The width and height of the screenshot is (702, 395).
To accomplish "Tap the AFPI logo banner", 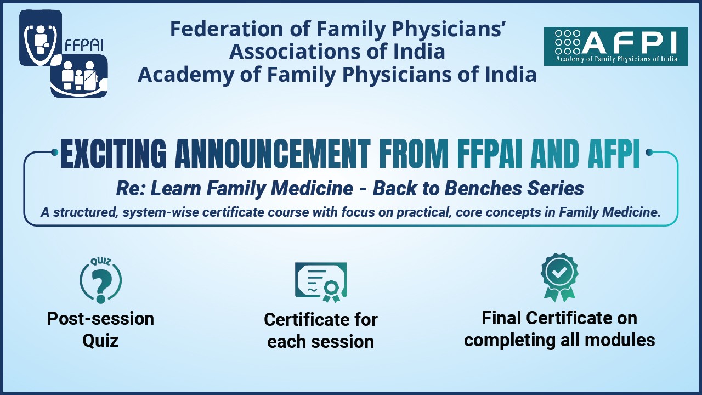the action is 616,46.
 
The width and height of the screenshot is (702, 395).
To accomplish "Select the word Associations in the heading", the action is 296,52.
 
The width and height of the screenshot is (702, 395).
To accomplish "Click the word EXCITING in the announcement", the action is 113,154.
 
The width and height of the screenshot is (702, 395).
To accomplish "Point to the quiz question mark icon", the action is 100,280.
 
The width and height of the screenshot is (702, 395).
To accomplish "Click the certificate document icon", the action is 321,282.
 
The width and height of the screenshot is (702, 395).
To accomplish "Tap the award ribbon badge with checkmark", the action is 559,278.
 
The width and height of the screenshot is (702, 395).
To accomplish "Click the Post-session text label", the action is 100,319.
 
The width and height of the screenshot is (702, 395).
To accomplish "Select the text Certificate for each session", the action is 321,330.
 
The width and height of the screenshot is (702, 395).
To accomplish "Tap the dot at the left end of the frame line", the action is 54,153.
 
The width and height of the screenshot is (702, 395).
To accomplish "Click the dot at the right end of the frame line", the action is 649,153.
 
